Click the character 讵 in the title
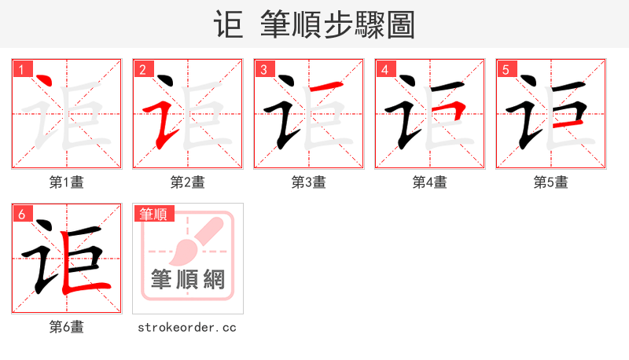[229, 24]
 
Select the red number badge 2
[142, 68]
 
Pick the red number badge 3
[263, 68]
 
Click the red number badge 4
[384, 68]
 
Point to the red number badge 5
[506, 68]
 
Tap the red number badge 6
[21, 213]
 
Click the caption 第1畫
[66, 182]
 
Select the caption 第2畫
[187, 182]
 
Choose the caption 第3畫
[308, 182]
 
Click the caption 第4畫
[429, 182]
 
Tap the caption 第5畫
[550, 182]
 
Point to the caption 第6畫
[66, 327]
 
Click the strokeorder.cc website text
[187, 327]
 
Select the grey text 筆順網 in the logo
[188, 280]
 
